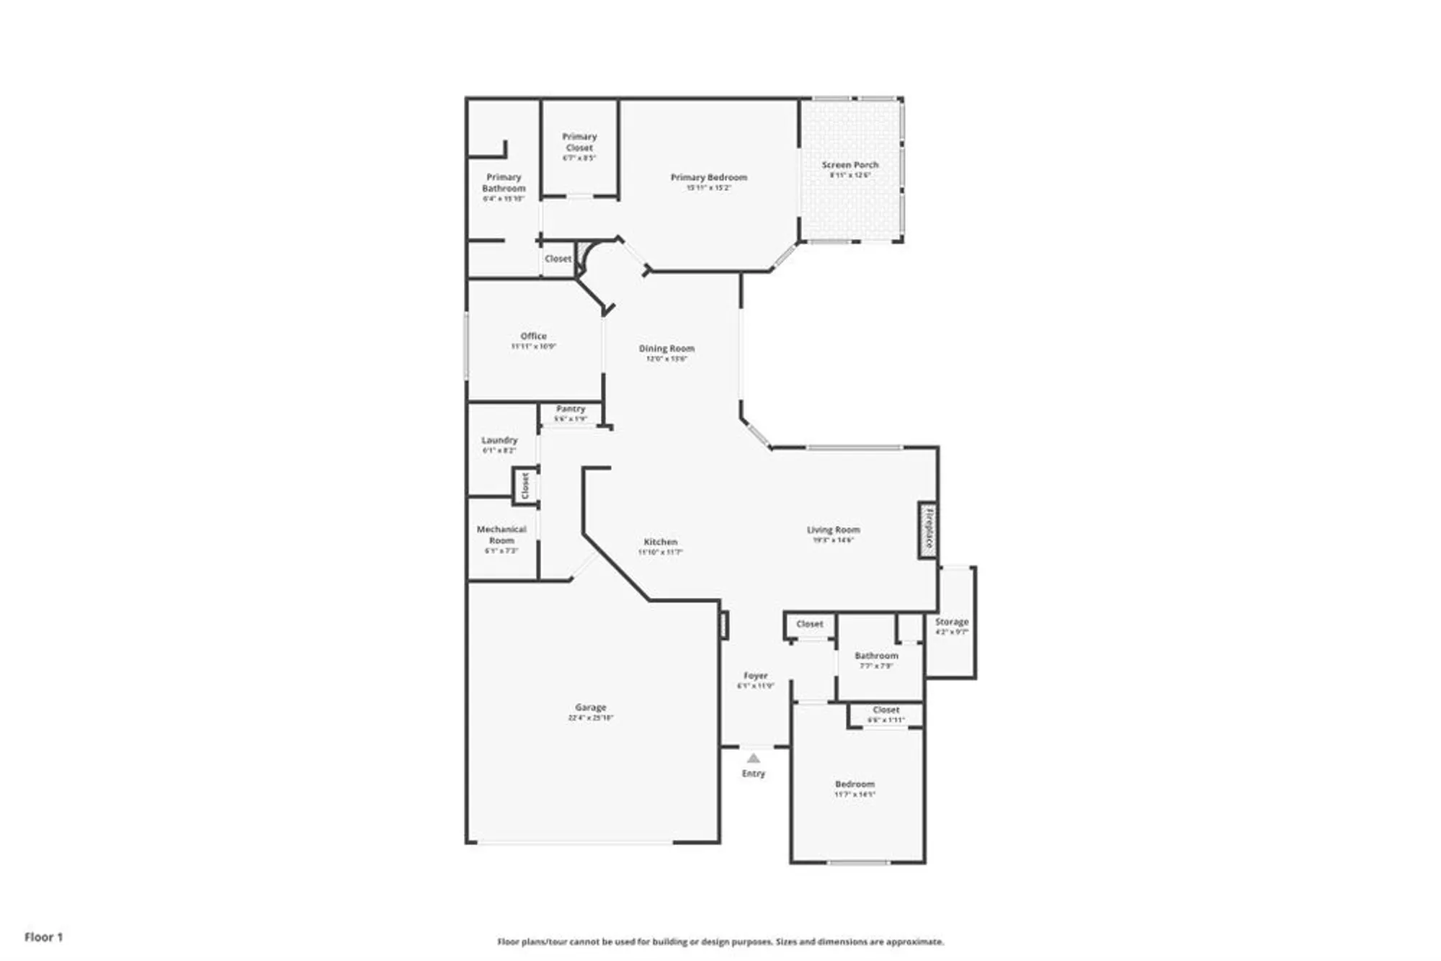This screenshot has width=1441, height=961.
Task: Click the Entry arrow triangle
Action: pyautogui.click(x=753, y=759)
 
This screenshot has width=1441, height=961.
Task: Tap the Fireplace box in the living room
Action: pyautogui.click(x=928, y=529)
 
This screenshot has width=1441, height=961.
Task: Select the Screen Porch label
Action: pyautogui.click(x=850, y=165)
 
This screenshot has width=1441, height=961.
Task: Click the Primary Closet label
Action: pyautogui.click(x=579, y=142)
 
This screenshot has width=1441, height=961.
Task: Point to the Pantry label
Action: pyautogui.click(x=571, y=408)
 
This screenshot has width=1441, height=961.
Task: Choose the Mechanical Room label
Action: pyautogui.click(x=501, y=535)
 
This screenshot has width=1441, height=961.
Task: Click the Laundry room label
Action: pyautogui.click(x=499, y=440)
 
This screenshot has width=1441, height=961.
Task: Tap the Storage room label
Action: pyautogui.click(x=952, y=622)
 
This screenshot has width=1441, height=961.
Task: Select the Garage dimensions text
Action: pyautogui.click(x=591, y=718)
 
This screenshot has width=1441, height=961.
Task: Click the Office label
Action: pyautogui.click(x=534, y=336)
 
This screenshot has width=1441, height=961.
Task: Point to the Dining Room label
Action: pyautogui.click(x=666, y=349)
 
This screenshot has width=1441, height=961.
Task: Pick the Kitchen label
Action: pyautogui.click(x=661, y=542)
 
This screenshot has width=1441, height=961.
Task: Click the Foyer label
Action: pyautogui.click(x=756, y=676)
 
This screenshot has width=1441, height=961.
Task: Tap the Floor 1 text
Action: pyautogui.click(x=44, y=937)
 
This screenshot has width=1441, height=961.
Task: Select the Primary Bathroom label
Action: pyautogui.click(x=504, y=182)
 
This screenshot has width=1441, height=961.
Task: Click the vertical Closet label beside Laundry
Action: pyautogui.click(x=525, y=486)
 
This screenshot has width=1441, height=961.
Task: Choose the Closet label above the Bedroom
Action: pyautogui.click(x=886, y=710)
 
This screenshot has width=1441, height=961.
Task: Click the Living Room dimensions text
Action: pyautogui.click(x=834, y=540)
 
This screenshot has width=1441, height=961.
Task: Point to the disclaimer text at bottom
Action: pyautogui.click(x=720, y=942)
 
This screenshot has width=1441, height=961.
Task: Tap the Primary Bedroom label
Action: pyautogui.click(x=709, y=177)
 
